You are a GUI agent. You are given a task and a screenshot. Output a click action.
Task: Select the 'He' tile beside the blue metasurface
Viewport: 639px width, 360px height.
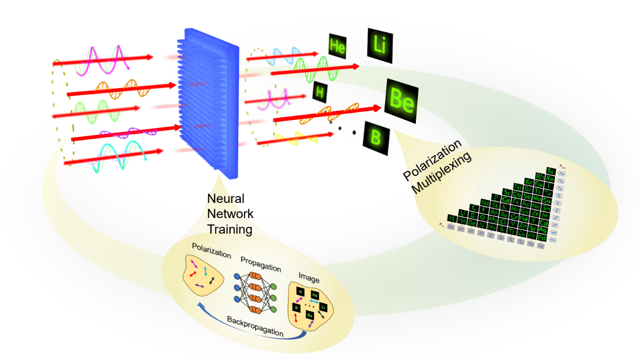tap(337, 47)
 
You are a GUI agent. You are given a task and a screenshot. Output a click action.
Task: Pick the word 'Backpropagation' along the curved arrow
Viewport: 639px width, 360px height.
tap(255, 326)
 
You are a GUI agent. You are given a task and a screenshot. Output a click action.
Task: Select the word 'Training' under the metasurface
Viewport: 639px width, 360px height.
tap(230, 230)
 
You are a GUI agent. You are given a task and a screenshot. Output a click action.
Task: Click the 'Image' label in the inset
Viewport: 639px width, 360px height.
tap(309, 276)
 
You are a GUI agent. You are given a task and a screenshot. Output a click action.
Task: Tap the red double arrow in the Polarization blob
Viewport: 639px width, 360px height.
tap(193, 276)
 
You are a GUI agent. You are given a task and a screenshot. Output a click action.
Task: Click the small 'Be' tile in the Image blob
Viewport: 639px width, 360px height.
tap(310, 315)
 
